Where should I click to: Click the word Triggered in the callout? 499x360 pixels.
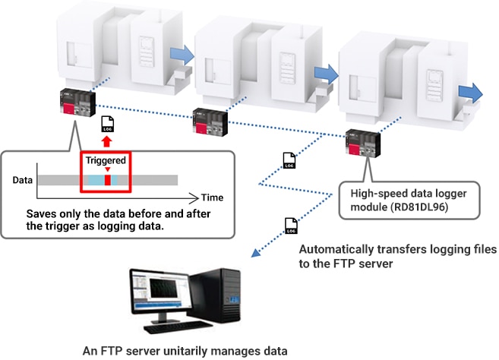click(106, 161)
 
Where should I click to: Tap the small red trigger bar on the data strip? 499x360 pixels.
click(107, 179)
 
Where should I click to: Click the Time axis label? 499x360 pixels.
click(213, 196)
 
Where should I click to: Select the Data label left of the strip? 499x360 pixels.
click(23, 180)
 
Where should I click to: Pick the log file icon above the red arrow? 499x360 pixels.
click(107, 125)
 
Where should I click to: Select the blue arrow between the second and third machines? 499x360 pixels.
click(324, 71)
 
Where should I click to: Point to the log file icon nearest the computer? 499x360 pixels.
click(291, 224)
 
